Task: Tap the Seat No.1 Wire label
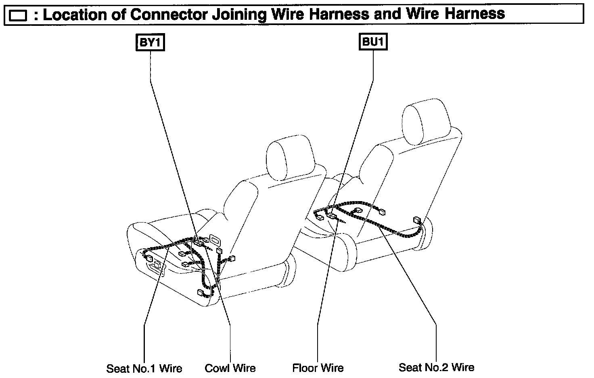(144, 368)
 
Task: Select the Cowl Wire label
(230, 368)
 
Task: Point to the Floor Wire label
(318, 368)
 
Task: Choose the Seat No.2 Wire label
(436, 367)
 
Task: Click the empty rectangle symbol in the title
(18, 16)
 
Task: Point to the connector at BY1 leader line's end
(199, 244)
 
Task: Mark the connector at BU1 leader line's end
(332, 216)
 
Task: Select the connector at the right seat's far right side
(417, 220)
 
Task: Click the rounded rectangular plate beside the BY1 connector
(214, 240)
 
